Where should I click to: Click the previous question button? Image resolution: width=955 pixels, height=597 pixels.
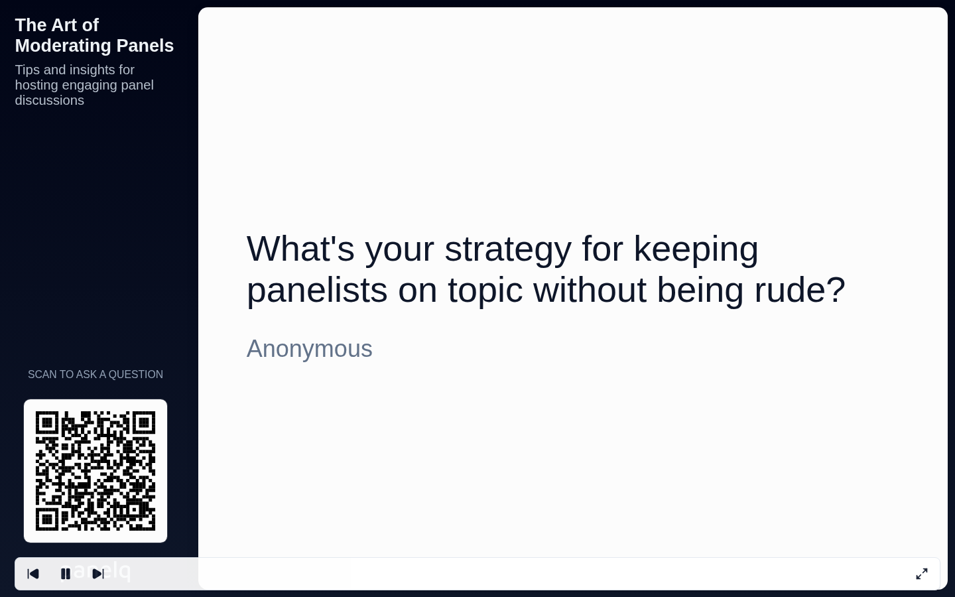coord(33,574)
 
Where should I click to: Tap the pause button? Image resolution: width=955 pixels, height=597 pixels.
coord(66,574)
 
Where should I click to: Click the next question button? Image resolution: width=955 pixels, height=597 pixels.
coord(98,574)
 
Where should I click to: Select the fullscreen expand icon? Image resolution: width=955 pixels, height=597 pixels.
coord(921,574)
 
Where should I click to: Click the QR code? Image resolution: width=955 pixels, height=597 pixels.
coord(95,471)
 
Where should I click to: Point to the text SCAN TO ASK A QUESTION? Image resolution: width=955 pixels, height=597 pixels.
coord(95,375)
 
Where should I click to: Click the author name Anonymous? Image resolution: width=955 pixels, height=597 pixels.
coord(309,349)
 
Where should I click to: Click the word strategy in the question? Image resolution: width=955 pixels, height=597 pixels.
coord(507,249)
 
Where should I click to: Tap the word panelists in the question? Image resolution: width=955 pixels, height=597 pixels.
coord(316,291)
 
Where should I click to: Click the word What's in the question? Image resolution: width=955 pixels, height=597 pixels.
coord(300,249)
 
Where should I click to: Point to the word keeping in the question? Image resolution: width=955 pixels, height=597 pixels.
coord(695,249)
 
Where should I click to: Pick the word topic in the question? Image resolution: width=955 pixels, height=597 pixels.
coord(485,291)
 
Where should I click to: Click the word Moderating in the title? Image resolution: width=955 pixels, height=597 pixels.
coord(59,46)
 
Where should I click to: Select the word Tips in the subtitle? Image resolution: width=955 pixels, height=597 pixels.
coord(27,70)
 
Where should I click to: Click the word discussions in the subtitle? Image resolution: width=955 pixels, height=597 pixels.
coord(50,101)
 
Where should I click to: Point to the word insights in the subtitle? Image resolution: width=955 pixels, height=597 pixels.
coord(92,70)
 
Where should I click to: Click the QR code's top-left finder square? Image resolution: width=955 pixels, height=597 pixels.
coord(46,423)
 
